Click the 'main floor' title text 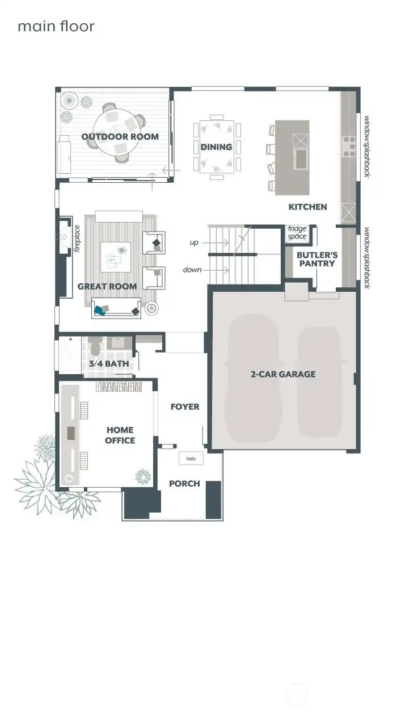click(x=56, y=26)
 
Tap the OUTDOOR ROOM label click(x=120, y=137)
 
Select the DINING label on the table click(x=216, y=147)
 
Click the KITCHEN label click(x=307, y=207)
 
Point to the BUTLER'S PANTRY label click(x=316, y=259)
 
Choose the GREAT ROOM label click(x=107, y=286)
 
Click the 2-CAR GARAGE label click(x=283, y=374)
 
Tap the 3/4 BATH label click(x=108, y=364)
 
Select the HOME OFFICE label click(x=120, y=435)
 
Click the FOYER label click(x=185, y=406)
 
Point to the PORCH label click(x=184, y=484)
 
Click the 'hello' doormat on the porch click(x=191, y=458)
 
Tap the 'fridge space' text click(x=297, y=233)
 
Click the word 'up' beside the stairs click(x=194, y=243)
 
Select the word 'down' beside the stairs click(x=192, y=270)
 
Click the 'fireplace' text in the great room click(x=78, y=238)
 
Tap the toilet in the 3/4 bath click(x=95, y=345)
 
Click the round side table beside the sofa click(x=151, y=309)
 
